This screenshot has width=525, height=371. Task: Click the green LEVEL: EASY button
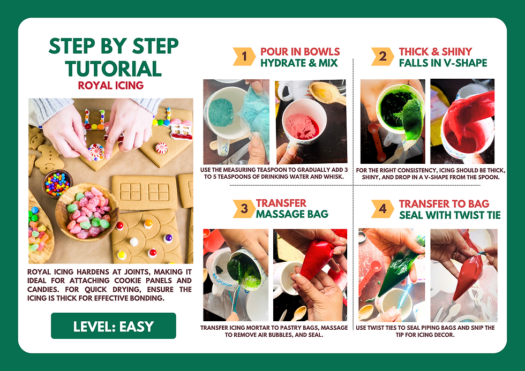113,326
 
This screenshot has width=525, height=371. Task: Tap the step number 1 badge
244,57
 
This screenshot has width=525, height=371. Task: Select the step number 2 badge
382,57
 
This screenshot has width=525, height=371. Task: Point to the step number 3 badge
244,209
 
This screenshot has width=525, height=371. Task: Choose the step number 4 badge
382,209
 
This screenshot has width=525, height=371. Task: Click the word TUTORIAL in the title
113,69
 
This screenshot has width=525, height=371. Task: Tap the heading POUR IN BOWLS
300,51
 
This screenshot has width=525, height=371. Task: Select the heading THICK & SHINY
436,51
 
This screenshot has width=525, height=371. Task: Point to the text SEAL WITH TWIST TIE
449,215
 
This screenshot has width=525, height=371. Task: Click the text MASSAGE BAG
292,215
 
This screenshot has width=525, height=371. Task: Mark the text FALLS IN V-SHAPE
442,63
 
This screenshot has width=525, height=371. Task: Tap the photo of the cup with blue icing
236,122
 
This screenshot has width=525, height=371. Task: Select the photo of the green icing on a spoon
392,122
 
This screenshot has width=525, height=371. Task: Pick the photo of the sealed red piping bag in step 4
464,275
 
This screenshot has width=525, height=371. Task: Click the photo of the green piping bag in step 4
392,275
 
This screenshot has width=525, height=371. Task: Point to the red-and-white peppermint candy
97,152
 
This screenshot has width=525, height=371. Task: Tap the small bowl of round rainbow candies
56,183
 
